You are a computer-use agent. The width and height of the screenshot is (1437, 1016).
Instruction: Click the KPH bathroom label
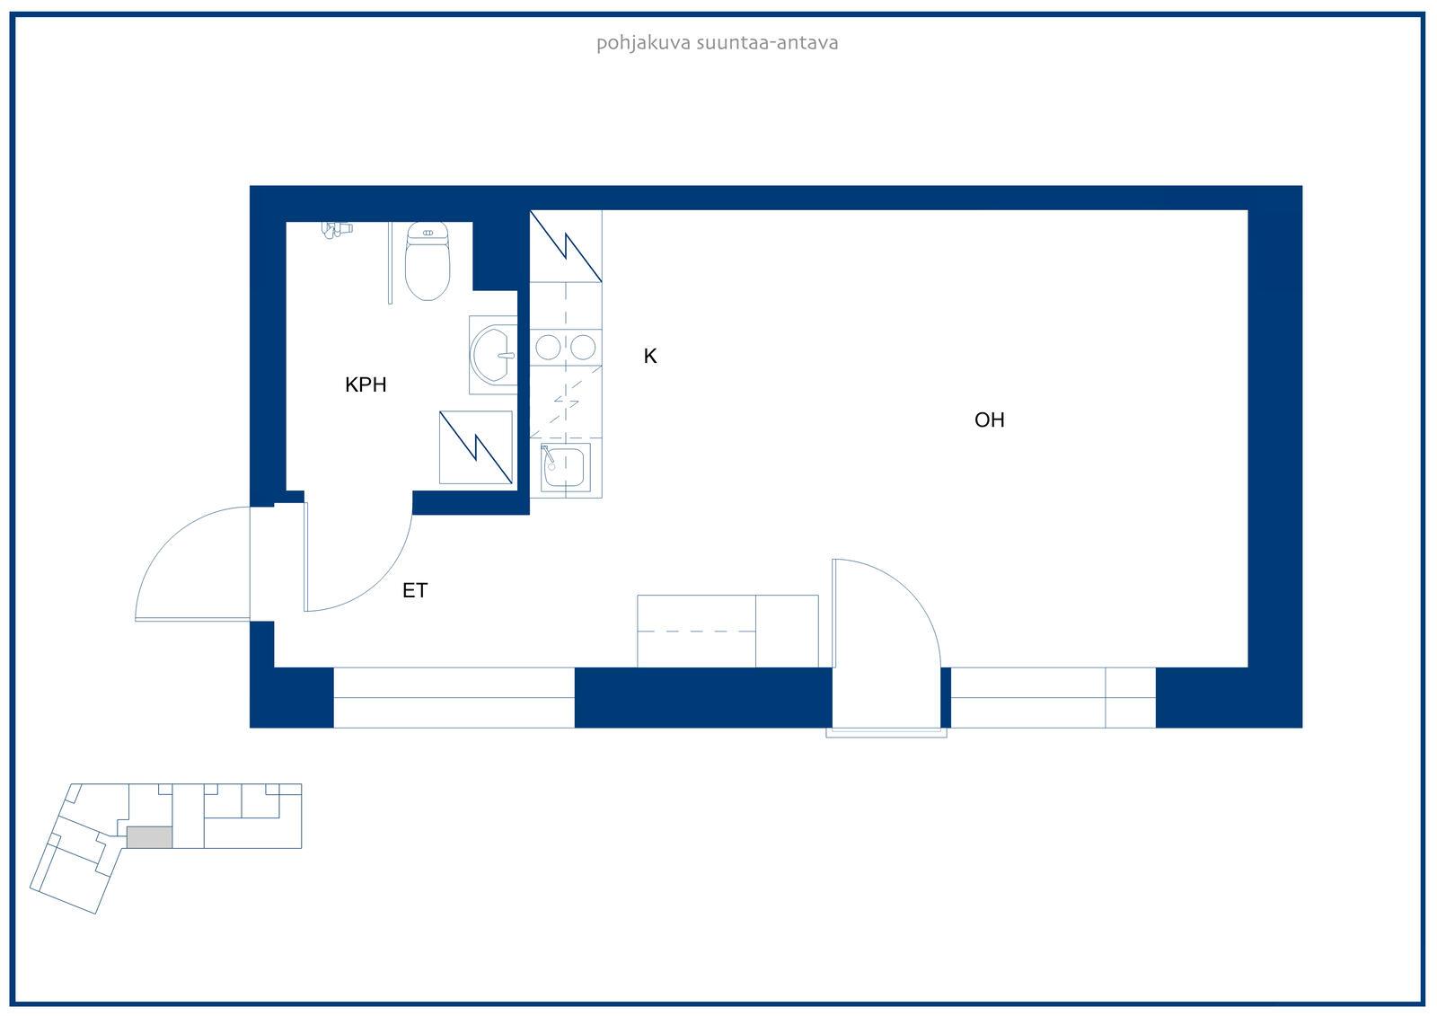point(366,385)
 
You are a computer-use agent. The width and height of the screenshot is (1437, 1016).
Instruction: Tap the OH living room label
point(989,420)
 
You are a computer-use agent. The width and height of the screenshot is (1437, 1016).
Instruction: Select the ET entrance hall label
point(415,590)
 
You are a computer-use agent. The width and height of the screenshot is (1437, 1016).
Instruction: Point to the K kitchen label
point(650,357)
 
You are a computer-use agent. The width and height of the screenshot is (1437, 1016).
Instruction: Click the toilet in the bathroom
point(428,261)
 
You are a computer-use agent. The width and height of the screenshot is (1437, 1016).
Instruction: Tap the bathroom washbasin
point(493,355)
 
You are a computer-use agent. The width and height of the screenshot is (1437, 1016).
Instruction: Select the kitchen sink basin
point(565,467)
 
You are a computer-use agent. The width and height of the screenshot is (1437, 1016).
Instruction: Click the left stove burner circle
point(548,348)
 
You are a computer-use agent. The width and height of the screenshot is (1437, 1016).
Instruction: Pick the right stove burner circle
point(583,348)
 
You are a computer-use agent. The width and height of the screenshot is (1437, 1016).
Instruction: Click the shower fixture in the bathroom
point(337,229)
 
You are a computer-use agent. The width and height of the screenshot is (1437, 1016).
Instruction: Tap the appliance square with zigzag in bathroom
point(475,447)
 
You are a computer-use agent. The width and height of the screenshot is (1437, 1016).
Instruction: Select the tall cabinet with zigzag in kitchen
point(566,246)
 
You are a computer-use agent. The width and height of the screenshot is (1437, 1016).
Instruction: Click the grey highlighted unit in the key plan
point(149,837)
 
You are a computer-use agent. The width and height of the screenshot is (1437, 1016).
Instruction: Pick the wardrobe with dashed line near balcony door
point(727,632)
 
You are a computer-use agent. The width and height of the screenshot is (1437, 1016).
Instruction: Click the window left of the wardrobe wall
point(454,698)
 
